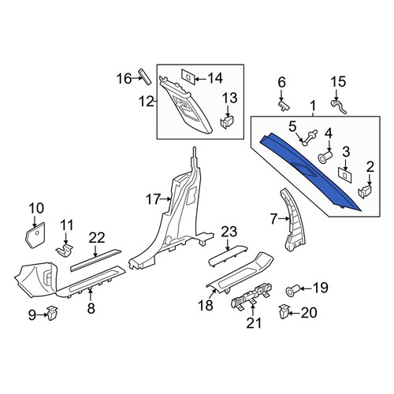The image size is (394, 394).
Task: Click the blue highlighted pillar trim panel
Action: (x=310, y=171)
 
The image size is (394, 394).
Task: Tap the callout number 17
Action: (x=153, y=199)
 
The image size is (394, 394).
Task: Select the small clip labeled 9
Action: (x=53, y=313)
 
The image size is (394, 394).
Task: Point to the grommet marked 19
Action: (x=292, y=290)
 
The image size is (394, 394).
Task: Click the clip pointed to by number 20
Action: (x=284, y=311)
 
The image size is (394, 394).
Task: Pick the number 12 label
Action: (x=147, y=101)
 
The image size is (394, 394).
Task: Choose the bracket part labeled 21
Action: (x=251, y=297)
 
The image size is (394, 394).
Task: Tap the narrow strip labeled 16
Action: (x=145, y=76)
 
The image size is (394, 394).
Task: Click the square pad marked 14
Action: (x=188, y=76)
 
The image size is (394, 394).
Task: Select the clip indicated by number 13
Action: (x=227, y=122)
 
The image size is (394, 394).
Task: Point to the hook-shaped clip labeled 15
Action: (x=338, y=106)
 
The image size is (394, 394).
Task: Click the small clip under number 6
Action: (x=284, y=106)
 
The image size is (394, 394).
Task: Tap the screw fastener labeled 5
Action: (x=310, y=137)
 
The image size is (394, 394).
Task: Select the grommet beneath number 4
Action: (x=325, y=158)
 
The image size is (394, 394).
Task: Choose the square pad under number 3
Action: (x=345, y=175)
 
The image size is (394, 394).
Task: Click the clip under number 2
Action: (x=366, y=191)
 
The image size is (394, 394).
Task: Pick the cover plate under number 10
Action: (x=35, y=235)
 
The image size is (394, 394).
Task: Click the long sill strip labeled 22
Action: (x=96, y=260)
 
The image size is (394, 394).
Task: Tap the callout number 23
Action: (x=229, y=232)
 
